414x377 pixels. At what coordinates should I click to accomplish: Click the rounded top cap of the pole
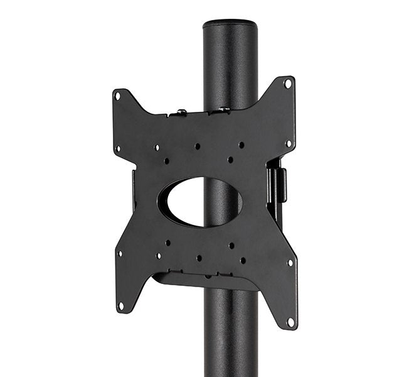[230, 25]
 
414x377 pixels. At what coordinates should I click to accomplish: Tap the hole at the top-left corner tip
[117, 96]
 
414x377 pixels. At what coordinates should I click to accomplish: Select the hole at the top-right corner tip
[287, 83]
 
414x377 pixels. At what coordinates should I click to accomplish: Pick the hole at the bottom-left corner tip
[121, 306]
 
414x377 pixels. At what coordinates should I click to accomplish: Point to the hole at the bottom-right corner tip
[290, 321]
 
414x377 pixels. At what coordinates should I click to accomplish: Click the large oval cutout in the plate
[200, 202]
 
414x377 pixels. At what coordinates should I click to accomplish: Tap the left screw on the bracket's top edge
[181, 112]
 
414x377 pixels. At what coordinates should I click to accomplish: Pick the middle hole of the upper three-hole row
[197, 146]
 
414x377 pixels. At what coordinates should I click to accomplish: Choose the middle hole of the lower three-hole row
[199, 258]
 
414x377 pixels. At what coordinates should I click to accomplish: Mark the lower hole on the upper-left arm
[118, 149]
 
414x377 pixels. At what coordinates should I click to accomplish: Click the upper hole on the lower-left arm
[119, 254]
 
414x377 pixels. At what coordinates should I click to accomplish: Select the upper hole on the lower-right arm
[290, 263]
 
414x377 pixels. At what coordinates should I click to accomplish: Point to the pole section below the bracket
[230, 339]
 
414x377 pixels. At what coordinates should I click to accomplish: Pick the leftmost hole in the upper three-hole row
[156, 148]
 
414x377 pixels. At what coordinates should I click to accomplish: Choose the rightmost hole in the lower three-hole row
[243, 260]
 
